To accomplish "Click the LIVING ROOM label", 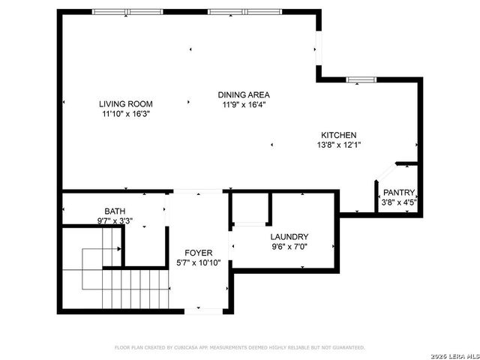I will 126,103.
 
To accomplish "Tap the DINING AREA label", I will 244,94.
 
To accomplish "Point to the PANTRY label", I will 399,192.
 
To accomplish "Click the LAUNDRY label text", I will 289,235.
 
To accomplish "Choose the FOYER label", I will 199,253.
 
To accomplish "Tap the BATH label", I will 115,211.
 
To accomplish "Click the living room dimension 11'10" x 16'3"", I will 126,114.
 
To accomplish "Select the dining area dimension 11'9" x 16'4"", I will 244,105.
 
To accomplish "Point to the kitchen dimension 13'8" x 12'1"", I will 339,145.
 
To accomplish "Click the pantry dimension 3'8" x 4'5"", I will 399,202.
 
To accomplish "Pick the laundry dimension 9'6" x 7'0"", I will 289,246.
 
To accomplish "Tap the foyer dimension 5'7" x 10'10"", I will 199,263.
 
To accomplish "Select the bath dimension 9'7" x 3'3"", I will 115,221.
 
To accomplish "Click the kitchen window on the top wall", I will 360,78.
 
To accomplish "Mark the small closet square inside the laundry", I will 249,208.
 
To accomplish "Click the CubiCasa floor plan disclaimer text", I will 239,347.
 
